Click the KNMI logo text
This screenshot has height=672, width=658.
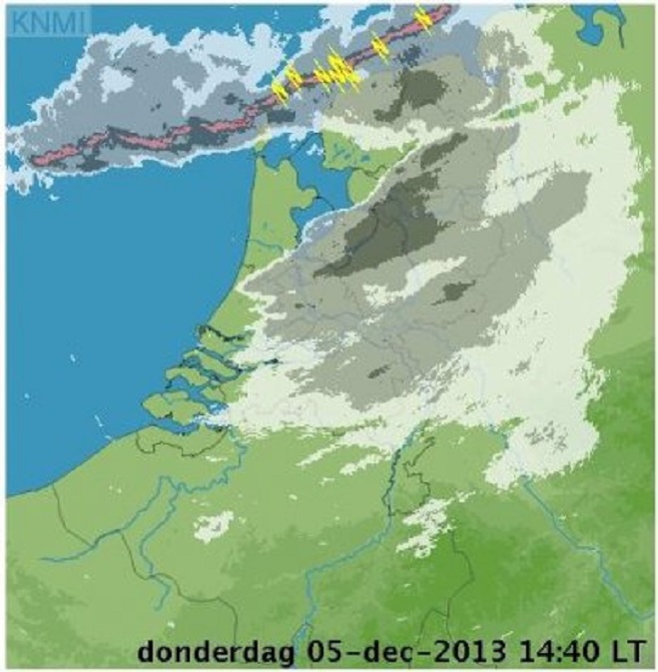[35, 17]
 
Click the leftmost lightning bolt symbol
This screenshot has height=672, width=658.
[281, 90]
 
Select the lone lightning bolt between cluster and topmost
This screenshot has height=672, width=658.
[379, 47]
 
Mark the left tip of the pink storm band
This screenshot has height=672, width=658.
[36, 157]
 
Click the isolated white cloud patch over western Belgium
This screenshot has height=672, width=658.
[215, 526]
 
